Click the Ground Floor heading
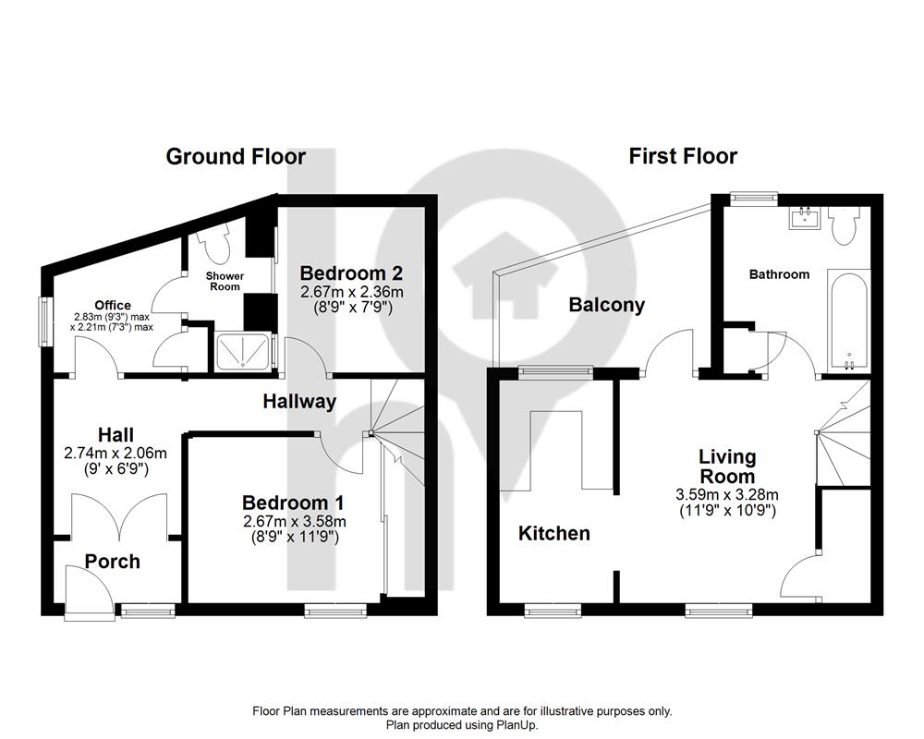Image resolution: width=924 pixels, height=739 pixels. (236, 157)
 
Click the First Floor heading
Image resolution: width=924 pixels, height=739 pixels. (683, 156)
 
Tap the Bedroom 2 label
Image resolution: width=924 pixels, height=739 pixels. (352, 273)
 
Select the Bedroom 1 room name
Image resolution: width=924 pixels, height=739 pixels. (294, 503)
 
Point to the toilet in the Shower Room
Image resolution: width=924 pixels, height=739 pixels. (213, 243)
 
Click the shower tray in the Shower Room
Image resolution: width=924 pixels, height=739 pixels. (243, 352)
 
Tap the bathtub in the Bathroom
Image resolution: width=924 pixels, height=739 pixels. (848, 321)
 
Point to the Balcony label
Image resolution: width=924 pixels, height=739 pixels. (606, 305)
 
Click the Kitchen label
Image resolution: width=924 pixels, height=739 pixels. (553, 533)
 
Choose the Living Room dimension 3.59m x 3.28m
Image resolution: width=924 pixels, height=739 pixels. (728, 495)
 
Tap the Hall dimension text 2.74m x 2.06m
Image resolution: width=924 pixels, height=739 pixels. (115, 454)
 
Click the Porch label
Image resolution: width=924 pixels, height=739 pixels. (113, 562)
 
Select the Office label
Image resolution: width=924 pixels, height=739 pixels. (113, 305)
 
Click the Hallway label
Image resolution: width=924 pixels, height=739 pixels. (299, 401)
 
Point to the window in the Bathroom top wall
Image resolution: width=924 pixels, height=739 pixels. (754, 200)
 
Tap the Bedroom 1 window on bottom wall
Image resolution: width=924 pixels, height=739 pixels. (335, 612)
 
